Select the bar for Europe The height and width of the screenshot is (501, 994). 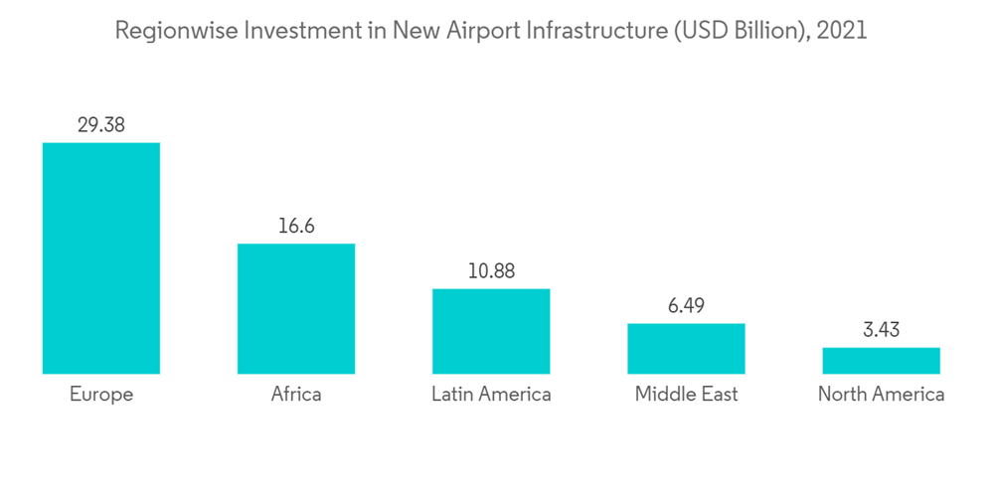[x=100, y=258]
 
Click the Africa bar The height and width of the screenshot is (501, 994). [x=296, y=309]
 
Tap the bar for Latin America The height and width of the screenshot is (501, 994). [x=491, y=331]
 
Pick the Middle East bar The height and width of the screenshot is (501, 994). [x=686, y=349]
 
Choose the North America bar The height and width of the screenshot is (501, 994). [x=881, y=361]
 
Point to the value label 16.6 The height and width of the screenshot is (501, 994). [x=296, y=226]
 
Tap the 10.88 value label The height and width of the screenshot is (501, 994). [x=491, y=270]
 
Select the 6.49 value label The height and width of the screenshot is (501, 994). [x=686, y=305]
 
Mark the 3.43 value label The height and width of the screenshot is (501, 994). [x=881, y=329]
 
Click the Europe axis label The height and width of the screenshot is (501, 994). [x=100, y=395]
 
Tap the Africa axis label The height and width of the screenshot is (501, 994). [x=296, y=395]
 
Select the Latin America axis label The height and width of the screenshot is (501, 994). [x=491, y=395]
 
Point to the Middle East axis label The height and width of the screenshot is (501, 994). [x=686, y=395]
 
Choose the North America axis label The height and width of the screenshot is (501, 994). [x=881, y=395]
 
